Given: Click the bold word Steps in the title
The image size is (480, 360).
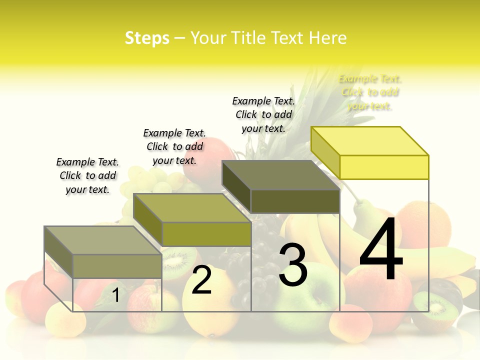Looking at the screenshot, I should pyautogui.click(x=147, y=38).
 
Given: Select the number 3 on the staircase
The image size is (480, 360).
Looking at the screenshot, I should pyautogui.click(x=293, y=265).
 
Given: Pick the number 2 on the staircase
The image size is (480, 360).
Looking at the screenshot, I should pyautogui.click(x=201, y=280).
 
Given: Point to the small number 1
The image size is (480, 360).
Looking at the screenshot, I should pyautogui.click(x=115, y=295).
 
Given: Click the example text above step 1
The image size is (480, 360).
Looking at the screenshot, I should pyautogui.click(x=87, y=175).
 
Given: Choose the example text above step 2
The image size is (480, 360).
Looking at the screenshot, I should pyautogui.click(x=174, y=146).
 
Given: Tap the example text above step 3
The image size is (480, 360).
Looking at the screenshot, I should pyautogui.click(x=263, y=114).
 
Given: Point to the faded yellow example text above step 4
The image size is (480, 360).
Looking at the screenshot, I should pyautogui.click(x=370, y=92).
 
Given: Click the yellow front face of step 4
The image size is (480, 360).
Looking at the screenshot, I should pyautogui.click(x=384, y=167).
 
